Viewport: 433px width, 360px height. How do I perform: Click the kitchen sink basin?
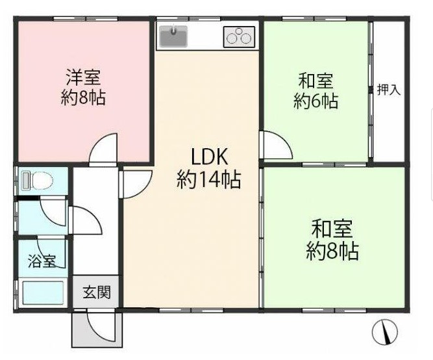(x=173, y=36)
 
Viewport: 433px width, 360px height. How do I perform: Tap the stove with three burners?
(x=239, y=36)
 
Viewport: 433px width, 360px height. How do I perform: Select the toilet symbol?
(x=38, y=181)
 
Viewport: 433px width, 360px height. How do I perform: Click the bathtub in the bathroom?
(x=43, y=293)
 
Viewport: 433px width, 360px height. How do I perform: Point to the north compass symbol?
(x=384, y=332)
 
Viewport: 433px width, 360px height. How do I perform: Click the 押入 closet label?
(x=389, y=90)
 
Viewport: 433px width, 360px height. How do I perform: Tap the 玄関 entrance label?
(x=97, y=292)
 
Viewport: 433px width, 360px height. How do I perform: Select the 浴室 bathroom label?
(x=42, y=261)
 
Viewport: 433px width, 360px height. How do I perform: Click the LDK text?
(x=210, y=157)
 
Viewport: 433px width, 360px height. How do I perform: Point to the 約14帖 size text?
(x=209, y=179)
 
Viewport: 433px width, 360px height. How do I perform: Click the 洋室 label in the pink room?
(x=83, y=77)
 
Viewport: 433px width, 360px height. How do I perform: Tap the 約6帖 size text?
(x=316, y=101)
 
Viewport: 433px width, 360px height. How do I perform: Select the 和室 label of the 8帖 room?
(x=332, y=228)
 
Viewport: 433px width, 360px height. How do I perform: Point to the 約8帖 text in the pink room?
(x=83, y=97)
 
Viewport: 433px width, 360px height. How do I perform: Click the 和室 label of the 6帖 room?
(x=316, y=81)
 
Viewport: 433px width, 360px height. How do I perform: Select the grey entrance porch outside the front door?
(x=97, y=329)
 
